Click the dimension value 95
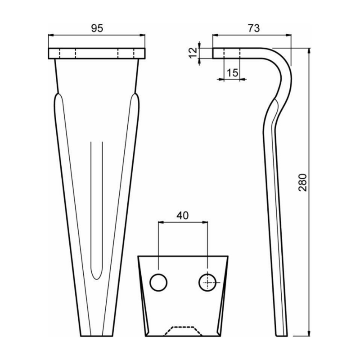coord(97,28)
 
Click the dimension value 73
coord(253,28)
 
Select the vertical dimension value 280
coord(302,182)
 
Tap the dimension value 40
coord(182,215)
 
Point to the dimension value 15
coord(233,73)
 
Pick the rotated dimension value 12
coord(193,53)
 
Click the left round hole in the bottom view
coord(158,282)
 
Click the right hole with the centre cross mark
coord(207,282)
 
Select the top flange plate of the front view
coord(96,53)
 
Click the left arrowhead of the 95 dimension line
coord(50,35)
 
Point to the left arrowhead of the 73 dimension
coord(215,35)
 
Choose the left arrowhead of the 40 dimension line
coord(161,222)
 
